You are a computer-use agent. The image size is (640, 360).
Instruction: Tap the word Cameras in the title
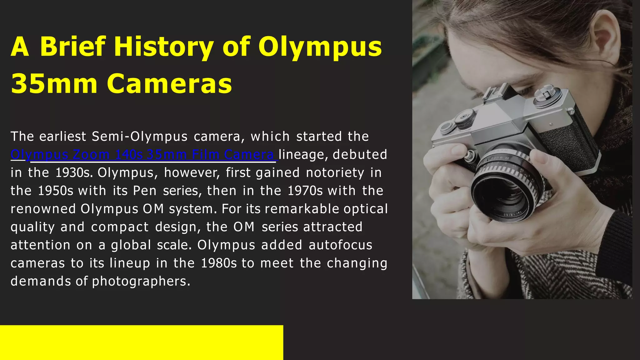coord(170,84)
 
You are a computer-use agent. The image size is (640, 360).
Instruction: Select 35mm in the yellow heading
coord(54,84)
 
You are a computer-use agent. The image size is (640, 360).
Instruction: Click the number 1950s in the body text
coord(56,191)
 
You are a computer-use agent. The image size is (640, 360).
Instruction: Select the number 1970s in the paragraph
coord(305,191)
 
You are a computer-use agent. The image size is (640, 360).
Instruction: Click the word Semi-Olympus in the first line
coord(140,137)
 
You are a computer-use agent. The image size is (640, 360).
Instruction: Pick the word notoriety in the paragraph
coord(335,173)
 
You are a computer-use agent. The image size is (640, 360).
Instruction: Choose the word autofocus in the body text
coord(341,245)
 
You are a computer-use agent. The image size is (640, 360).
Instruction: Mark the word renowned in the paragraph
coord(43,209)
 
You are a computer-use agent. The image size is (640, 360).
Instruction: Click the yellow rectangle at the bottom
coord(141,342)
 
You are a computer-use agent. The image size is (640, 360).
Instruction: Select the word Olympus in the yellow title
coord(320,47)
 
